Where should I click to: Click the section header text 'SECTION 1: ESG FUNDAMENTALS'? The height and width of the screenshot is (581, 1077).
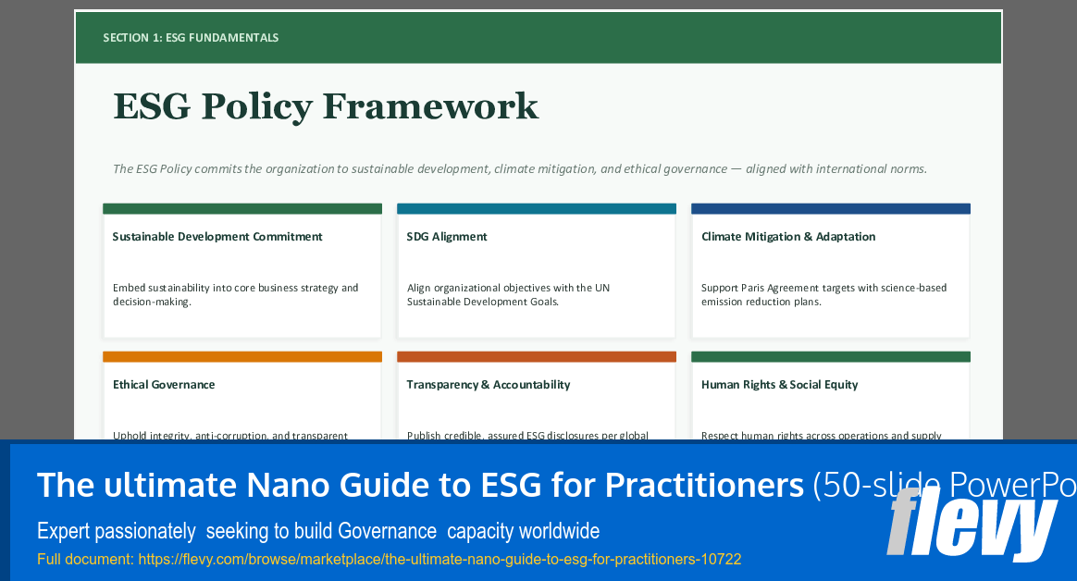click(191, 38)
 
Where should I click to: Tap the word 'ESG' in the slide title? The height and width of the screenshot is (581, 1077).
click(152, 106)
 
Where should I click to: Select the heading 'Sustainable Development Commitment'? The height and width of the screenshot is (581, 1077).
click(217, 237)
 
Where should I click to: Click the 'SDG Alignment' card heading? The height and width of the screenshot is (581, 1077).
click(447, 237)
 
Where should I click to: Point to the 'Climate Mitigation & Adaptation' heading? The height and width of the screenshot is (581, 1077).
click(788, 237)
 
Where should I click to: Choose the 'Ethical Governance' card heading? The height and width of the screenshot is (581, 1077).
click(164, 385)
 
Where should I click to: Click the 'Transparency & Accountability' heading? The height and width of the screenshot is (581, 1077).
click(489, 385)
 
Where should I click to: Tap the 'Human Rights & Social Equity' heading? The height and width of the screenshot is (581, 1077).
click(780, 385)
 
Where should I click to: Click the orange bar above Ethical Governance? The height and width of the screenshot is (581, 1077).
click(241, 357)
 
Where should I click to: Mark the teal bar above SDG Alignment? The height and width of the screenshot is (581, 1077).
click(536, 209)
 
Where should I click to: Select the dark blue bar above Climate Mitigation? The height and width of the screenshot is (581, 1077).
click(830, 209)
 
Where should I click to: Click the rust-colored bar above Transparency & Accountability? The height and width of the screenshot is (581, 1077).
click(536, 357)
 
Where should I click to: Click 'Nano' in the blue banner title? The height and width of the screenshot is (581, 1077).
click(282, 485)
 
